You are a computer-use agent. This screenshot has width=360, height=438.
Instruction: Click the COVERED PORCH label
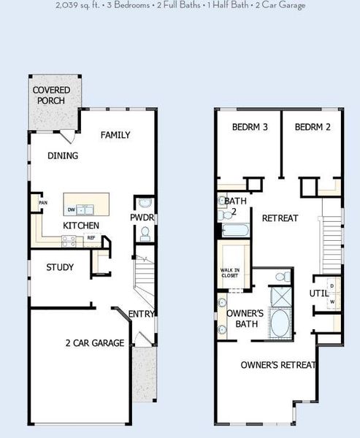(x=51, y=96)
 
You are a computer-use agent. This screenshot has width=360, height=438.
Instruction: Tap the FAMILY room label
(x=115, y=134)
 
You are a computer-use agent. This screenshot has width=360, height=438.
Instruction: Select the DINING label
(x=63, y=155)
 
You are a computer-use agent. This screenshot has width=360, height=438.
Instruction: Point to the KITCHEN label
(x=80, y=226)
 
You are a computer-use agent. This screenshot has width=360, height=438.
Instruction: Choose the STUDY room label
(x=60, y=267)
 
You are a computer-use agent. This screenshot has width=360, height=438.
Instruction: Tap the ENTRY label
(x=141, y=314)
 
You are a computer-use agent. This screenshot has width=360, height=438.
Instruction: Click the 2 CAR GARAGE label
(x=94, y=343)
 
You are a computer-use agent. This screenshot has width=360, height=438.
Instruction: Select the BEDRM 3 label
(x=250, y=127)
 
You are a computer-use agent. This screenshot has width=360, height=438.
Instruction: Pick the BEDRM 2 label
(x=313, y=127)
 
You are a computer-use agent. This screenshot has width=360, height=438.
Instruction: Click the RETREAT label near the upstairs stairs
(x=280, y=218)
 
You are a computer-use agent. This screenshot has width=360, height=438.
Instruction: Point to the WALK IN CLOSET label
(x=230, y=273)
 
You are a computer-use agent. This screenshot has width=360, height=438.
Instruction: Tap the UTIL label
(x=319, y=293)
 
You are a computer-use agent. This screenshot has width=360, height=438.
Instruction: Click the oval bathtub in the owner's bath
(x=278, y=323)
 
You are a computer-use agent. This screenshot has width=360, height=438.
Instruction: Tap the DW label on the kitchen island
(x=71, y=210)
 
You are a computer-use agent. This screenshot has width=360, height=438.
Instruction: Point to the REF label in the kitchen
(x=91, y=237)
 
